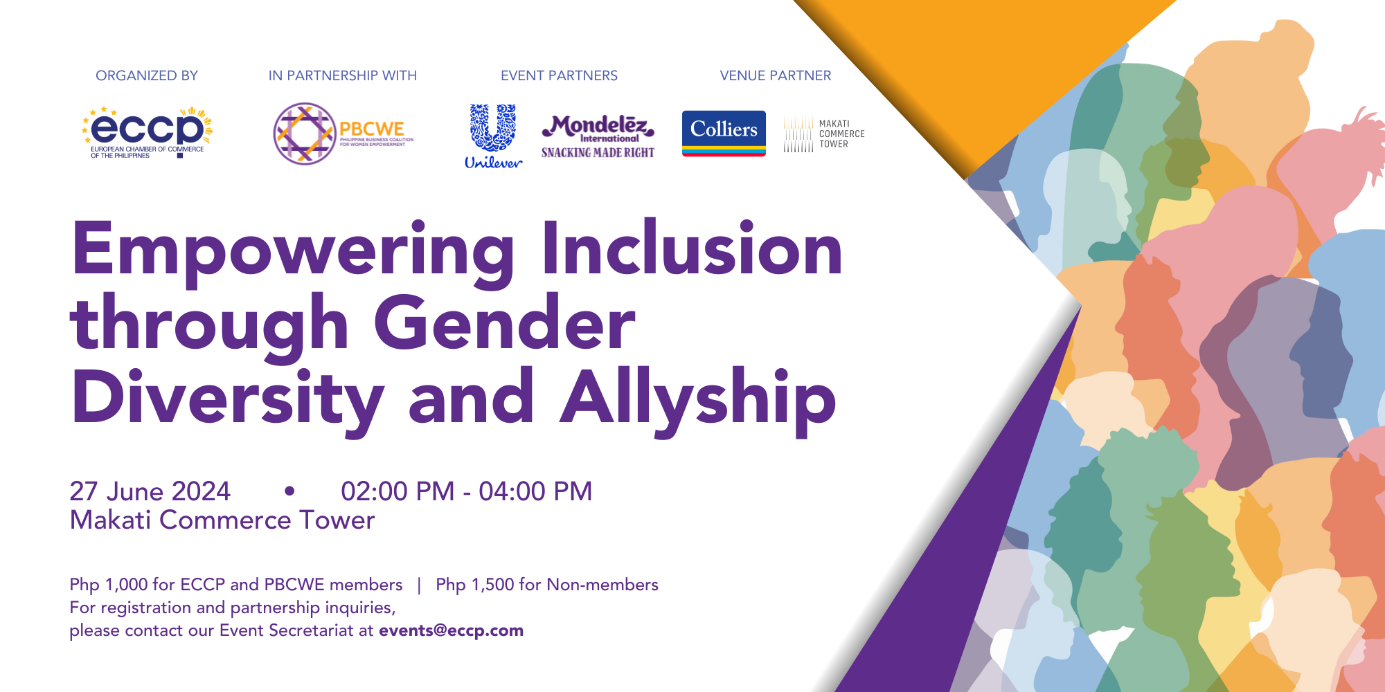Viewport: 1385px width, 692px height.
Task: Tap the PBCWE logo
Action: pyautogui.click(x=343, y=134)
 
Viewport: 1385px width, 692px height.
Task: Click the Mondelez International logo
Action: pyautogui.click(x=598, y=136)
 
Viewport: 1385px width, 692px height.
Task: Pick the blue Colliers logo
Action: pyautogui.click(x=724, y=133)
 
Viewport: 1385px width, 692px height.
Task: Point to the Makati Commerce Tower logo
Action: pyautogui.click(x=824, y=134)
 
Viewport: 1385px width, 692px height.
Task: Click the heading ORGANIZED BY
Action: pyautogui.click(x=147, y=75)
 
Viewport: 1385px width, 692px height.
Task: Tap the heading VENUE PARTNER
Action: pyautogui.click(x=775, y=75)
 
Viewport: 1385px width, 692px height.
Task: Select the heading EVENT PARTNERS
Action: pyautogui.click(x=559, y=75)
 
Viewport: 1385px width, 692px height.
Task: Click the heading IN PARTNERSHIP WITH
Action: pyautogui.click(x=343, y=75)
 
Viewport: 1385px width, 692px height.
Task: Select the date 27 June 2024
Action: pyautogui.click(x=150, y=491)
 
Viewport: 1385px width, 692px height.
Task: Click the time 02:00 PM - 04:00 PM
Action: pyautogui.click(x=466, y=491)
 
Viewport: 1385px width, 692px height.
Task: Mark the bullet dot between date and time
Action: pyautogui.click(x=289, y=491)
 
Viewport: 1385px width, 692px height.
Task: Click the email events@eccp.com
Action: pyautogui.click(x=451, y=630)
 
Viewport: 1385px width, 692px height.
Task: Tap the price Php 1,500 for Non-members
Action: pyautogui.click(x=546, y=585)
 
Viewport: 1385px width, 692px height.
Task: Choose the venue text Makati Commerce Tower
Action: pyautogui.click(x=222, y=520)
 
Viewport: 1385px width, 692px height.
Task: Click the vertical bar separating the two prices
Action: pyautogui.click(x=419, y=585)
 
